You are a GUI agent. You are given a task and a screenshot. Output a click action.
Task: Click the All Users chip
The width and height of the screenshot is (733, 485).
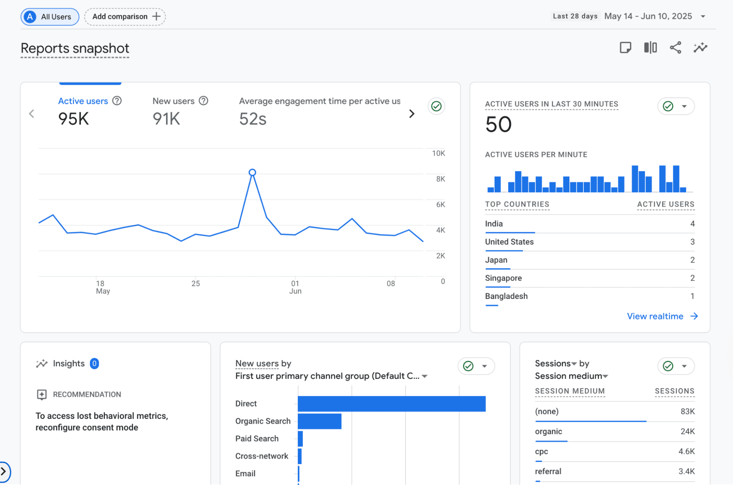pyautogui.click(x=50, y=17)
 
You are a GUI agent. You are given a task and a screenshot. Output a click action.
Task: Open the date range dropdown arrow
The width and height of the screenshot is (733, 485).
pyautogui.click(x=703, y=17)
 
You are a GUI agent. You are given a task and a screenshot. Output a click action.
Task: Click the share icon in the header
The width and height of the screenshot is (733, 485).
pyautogui.click(x=675, y=48)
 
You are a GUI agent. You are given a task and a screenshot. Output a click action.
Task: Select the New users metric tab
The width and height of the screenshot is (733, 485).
pyautogui.click(x=173, y=101)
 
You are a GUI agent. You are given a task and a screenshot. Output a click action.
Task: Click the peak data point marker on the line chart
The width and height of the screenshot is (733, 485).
pyautogui.click(x=252, y=172)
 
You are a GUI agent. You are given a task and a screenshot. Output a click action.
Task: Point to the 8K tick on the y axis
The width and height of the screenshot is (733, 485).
pyautogui.click(x=440, y=179)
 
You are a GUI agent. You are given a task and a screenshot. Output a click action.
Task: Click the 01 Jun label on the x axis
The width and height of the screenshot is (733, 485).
pyautogui.click(x=295, y=287)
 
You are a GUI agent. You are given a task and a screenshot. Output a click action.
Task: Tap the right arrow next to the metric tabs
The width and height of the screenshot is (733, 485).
pyautogui.click(x=412, y=114)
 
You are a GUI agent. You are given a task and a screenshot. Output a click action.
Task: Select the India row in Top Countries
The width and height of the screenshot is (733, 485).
pyautogui.click(x=494, y=224)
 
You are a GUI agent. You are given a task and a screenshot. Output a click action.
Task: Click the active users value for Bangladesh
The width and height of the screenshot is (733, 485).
pyautogui.click(x=692, y=296)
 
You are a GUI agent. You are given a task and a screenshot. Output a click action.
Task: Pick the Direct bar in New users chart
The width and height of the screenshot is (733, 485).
pyautogui.click(x=391, y=404)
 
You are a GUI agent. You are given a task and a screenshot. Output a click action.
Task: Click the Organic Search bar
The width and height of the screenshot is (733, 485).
pyautogui.click(x=319, y=421)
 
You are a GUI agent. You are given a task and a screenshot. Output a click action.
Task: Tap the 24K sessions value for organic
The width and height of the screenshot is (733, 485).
pyautogui.click(x=687, y=431)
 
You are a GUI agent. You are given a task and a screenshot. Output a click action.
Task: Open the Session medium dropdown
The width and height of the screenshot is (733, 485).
pyautogui.click(x=571, y=376)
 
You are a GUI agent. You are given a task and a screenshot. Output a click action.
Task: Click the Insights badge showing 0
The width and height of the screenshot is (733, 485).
pyautogui.click(x=94, y=364)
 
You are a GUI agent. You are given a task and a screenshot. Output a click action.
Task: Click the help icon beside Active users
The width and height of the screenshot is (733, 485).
pyautogui.click(x=117, y=101)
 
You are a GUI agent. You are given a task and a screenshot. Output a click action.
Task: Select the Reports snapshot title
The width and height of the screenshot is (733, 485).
pyautogui.click(x=75, y=48)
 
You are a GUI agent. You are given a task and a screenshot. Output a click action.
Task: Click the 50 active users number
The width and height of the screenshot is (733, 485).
pyautogui.click(x=498, y=124)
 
